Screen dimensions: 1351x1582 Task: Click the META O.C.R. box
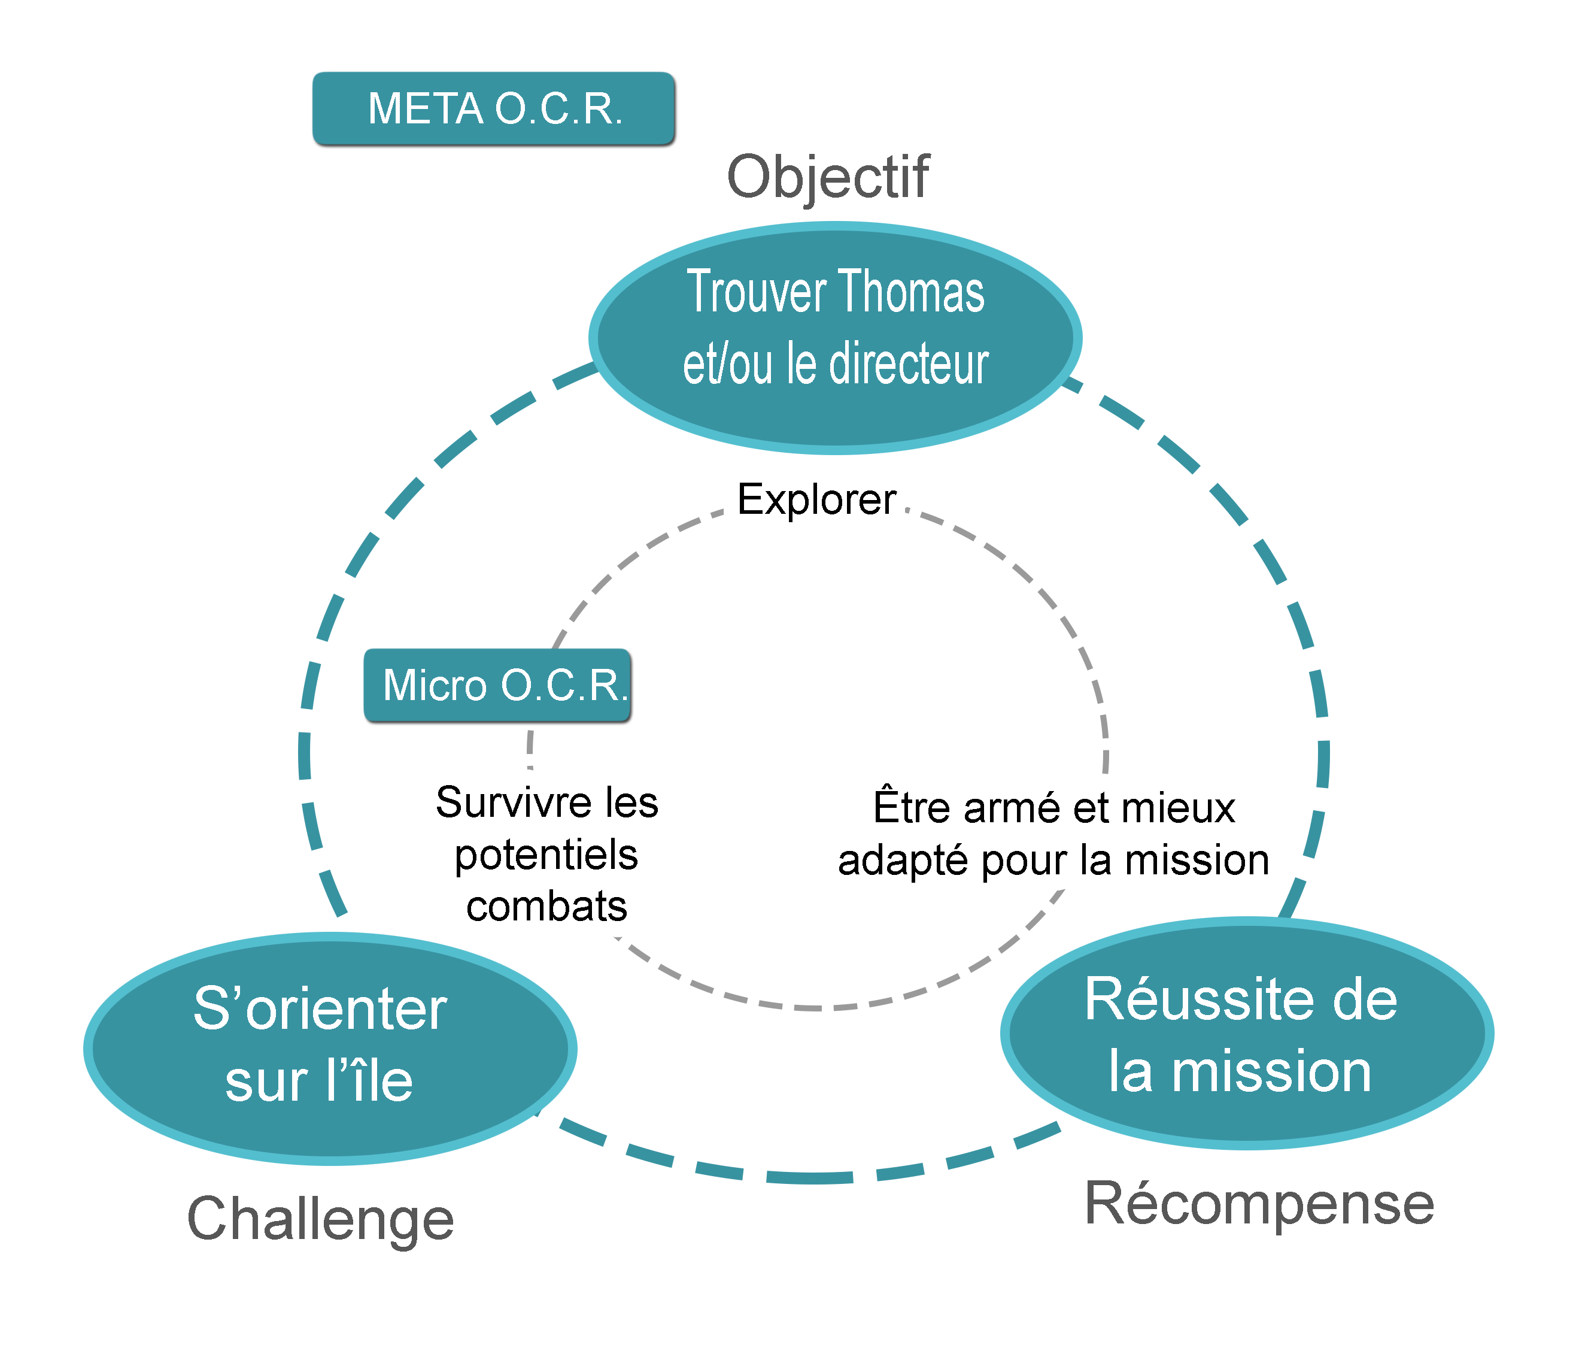coord(493,108)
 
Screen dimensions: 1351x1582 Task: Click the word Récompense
coord(1259,1204)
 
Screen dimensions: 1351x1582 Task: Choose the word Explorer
coord(816,499)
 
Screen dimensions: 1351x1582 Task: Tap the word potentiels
coord(546,855)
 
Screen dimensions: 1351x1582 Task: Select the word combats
coord(546,907)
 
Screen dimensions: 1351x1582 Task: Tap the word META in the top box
coord(425,108)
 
